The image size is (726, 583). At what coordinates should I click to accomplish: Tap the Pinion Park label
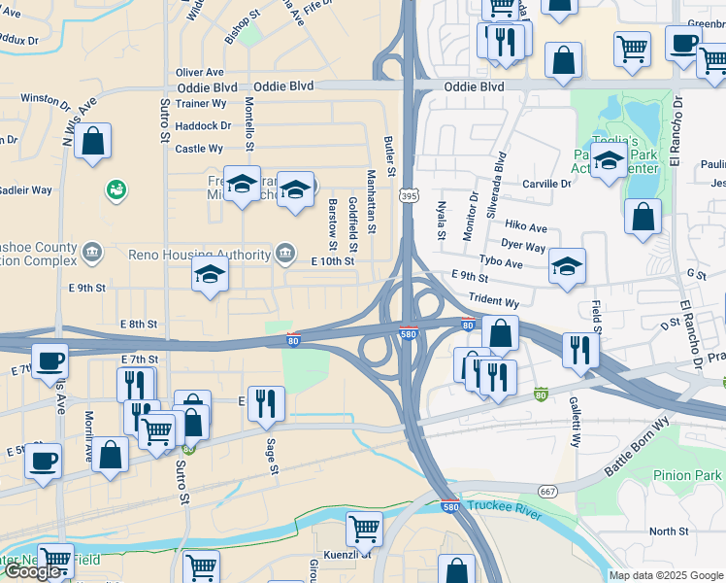click(x=687, y=475)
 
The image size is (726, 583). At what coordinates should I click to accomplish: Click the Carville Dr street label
click(x=546, y=184)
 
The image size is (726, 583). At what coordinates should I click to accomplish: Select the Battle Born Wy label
click(x=637, y=448)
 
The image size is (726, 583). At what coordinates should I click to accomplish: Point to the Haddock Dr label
click(x=205, y=125)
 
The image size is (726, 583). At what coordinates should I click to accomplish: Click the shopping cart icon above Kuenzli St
click(x=364, y=528)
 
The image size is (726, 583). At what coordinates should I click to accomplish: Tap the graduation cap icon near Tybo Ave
click(x=568, y=265)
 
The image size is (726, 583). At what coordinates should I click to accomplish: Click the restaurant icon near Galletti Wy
click(x=580, y=349)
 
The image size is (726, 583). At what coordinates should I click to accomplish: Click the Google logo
click(x=34, y=571)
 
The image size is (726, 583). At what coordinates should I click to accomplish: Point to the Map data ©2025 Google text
click(x=666, y=575)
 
